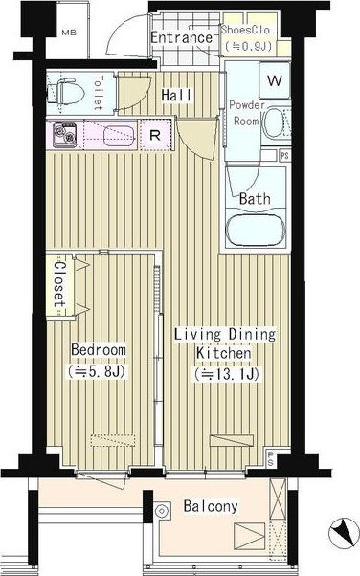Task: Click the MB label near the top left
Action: [69, 33]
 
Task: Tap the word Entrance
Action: [182, 38]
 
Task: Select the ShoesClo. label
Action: [248, 30]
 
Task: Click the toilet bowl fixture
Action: [65, 91]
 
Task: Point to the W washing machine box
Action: [275, 80]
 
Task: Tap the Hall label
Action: [176, 95]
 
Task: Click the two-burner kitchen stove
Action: [65, 135]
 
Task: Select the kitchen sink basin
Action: [119, 136]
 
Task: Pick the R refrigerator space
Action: [155, 135]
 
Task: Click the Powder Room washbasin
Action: [275, 122]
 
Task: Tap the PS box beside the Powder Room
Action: [285, 155]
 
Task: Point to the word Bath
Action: [255, 199]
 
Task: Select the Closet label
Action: [59, 284]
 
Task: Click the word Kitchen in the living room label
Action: [224, 353]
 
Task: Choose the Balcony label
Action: [211, 506]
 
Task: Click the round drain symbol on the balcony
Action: [161, 510]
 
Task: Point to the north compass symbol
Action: [343, 533]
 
